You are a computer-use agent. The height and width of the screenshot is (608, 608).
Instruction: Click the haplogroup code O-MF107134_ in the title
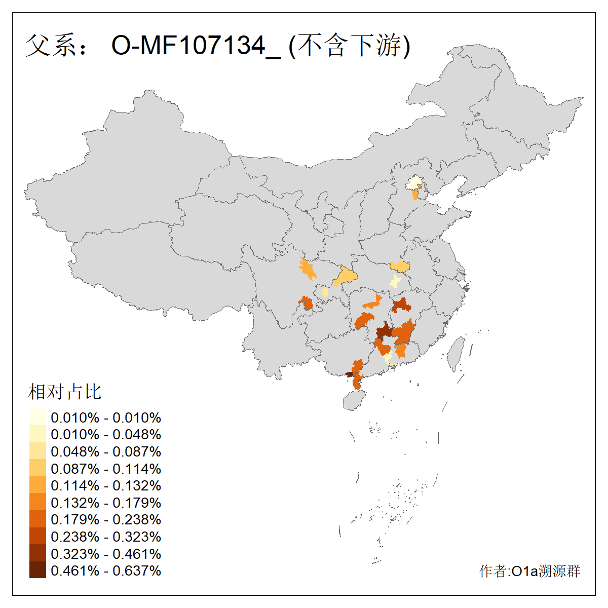196,46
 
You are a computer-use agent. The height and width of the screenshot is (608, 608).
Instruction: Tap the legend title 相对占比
65,392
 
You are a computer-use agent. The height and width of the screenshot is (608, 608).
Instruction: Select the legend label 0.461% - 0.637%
106,571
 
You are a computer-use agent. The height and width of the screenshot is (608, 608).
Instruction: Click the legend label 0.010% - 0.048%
106,435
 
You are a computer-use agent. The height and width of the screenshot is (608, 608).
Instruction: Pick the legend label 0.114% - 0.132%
106,486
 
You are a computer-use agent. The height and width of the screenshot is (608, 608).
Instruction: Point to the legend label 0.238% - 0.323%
106,537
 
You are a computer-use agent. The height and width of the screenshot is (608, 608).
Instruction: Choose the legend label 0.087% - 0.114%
106,469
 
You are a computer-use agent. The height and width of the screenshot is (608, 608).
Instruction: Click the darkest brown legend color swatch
37,570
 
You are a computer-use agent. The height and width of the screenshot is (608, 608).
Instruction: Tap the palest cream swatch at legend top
37,416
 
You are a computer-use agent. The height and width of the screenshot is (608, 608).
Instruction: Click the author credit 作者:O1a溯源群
529,572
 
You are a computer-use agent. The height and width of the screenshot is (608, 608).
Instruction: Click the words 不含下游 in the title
350,46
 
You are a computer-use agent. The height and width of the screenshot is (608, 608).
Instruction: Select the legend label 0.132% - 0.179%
106,503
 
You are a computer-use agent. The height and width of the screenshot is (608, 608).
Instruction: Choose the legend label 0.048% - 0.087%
106,452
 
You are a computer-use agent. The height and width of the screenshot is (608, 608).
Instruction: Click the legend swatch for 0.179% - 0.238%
37,519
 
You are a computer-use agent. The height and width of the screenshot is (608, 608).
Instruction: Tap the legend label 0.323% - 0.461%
106,554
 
